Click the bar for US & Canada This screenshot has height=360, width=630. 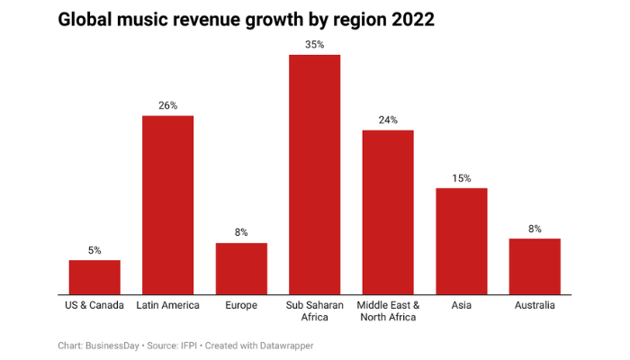pos(94,277)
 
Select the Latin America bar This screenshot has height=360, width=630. pos(167,205)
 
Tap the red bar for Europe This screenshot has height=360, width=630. pos(241,268)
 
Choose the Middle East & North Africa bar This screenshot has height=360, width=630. pos(388,212)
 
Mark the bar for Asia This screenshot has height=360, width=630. pos(461,241)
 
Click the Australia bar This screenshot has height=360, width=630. pos(535,266)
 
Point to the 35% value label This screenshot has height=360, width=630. pos(314,44)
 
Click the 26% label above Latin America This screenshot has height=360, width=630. pos(167,105)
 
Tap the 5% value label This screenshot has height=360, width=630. pos(94,250)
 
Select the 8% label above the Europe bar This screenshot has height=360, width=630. pos(241,232)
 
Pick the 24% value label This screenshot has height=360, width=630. pos(388,120)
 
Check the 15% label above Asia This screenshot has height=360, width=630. pos(461,178)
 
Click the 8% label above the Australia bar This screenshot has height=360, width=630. pos(535,229)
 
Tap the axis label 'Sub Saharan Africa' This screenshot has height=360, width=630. pos(314,311)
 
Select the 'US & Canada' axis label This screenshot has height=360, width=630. pos(94,306)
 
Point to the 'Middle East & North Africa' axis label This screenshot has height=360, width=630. pos(388,311)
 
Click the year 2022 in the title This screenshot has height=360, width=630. pos(410,20)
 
